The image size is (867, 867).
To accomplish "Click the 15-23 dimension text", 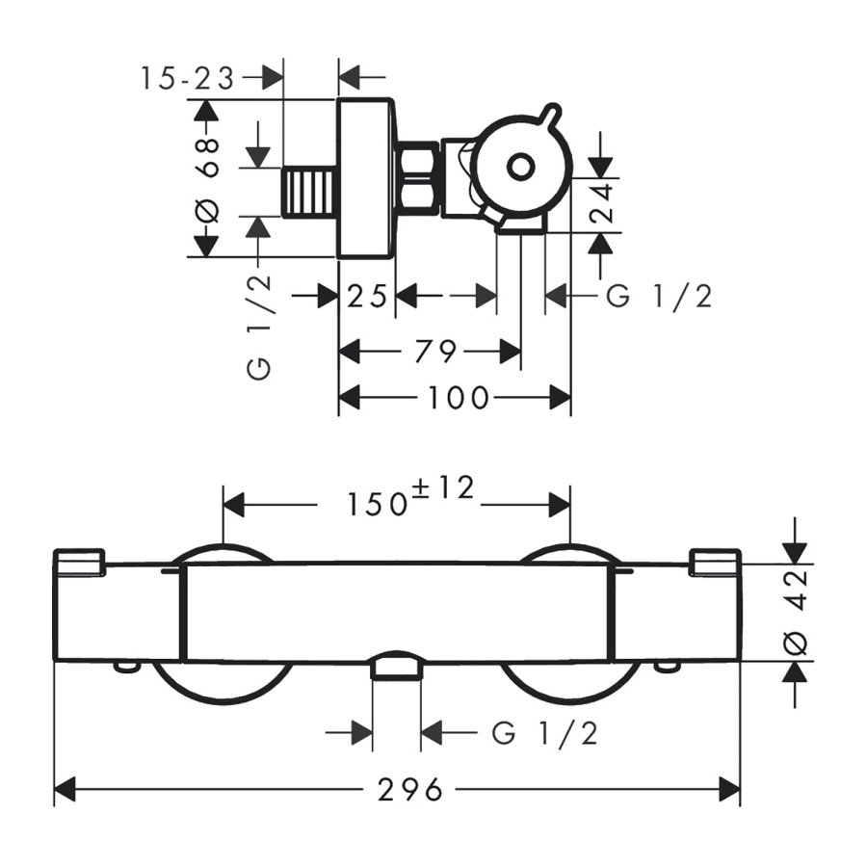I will coord(187,77).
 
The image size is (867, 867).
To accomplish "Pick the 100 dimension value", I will coord(459,397).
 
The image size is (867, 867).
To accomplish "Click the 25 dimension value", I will coord(367,297).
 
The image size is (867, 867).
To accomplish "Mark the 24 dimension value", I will coord(604,203).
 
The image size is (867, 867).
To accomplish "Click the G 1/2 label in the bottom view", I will coord(545,734).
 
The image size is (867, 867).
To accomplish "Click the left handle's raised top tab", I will coord(79,560).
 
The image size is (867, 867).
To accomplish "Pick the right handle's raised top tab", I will coord(715,560).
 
